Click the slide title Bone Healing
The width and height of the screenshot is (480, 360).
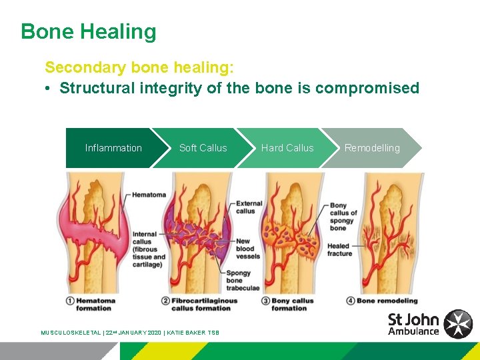point(88,31)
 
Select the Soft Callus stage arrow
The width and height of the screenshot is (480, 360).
point(203,148)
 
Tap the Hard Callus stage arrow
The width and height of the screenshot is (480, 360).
point(287,148)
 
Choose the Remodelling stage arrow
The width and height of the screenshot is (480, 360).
point(372,148)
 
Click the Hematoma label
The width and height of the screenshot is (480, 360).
point(149,195)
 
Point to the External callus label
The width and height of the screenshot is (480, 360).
point(249,207)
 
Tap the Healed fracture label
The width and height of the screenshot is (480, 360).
point(339,249)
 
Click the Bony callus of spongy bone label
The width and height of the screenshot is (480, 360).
point(343,217)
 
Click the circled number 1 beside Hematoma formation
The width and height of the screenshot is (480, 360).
point(70,301)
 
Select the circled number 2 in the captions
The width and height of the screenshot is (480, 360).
point(165,301)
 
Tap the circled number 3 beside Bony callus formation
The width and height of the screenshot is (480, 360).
point(266,301)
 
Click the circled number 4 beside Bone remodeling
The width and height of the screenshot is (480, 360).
point(351,301)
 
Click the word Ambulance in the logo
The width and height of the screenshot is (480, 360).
point(413,331)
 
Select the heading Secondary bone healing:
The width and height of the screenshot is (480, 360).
point(139,67)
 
